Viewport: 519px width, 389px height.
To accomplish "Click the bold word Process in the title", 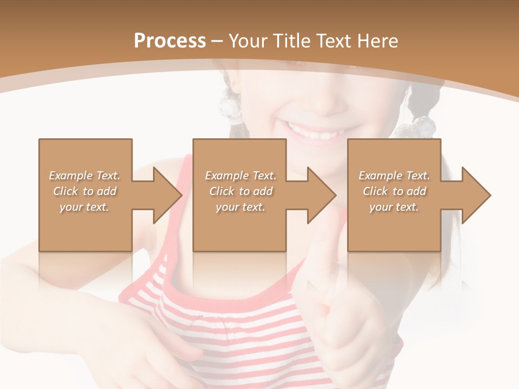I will pos(170,41).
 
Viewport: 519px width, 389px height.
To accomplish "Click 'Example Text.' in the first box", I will pos(85,176).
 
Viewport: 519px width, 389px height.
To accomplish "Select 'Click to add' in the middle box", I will pos(241,191).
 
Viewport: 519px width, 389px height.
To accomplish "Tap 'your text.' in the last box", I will pos(394,207).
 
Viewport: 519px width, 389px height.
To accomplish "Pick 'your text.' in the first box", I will pos(84,207).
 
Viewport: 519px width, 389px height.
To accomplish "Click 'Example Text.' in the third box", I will pos(394,176).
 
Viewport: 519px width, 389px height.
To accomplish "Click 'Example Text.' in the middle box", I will pos(241,176).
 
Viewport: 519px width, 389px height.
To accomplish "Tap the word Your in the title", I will pos(248,41).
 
